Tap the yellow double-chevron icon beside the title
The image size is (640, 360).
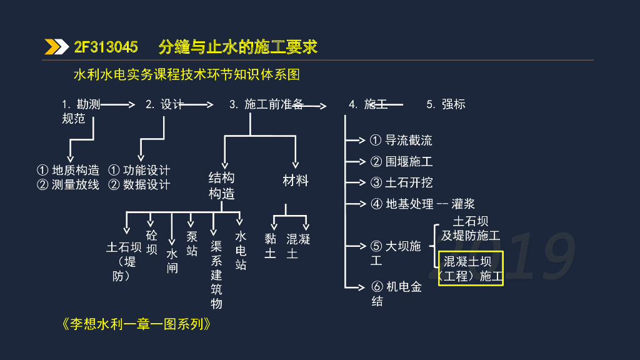pyautogui.click(x=56, y=47)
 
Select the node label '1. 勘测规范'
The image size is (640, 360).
pyautogui.click(x=80, y=111)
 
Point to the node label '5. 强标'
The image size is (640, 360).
pyautogui.click(x=446, y=104)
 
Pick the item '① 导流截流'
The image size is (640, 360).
pyautogui.click(x=401, y=141)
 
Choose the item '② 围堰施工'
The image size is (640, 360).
pyautogui.click(x=401, y=162)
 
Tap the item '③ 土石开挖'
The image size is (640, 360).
pyautogui.click(x=401, y=182)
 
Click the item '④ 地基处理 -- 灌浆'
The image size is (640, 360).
pyautogui.click(x=422, y=204)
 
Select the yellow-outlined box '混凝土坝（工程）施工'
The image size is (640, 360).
pyautogui.click(x=471, y=269)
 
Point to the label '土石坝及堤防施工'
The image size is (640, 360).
pyautogui.click(x=471, y=228)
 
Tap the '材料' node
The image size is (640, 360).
pyautogui.click(x=296, y=181)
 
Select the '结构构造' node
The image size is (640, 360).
pyautogui.click(x=222, y=186)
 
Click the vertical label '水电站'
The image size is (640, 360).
pyautogui.click(x=241, y=251)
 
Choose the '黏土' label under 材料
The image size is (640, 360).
pyautogui.click(x=270, y=246)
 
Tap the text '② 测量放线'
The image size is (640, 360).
pyautogui.click(x=68, y=185)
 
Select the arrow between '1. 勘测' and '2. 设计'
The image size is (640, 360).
pyautogui.click(x=117, y=105)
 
